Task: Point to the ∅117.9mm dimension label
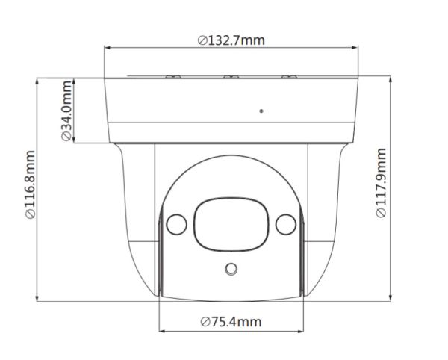click(382, 184)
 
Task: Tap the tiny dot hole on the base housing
click(261, 111)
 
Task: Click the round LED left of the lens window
click(175, 223)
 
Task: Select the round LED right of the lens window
click(284, 223)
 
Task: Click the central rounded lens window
click(231, 222)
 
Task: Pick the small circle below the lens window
click(231, 269)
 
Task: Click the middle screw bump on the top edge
click(231, 75)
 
